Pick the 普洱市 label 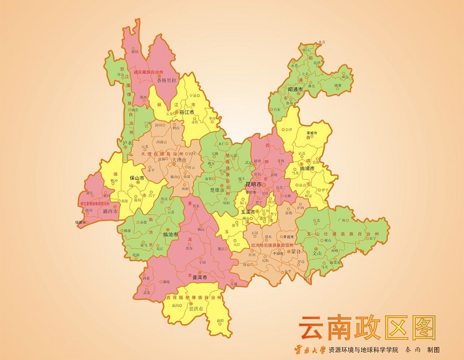(200, 278)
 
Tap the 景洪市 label (196, 307)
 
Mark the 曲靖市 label (307, 168)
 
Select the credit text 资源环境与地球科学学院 (363, 349)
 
